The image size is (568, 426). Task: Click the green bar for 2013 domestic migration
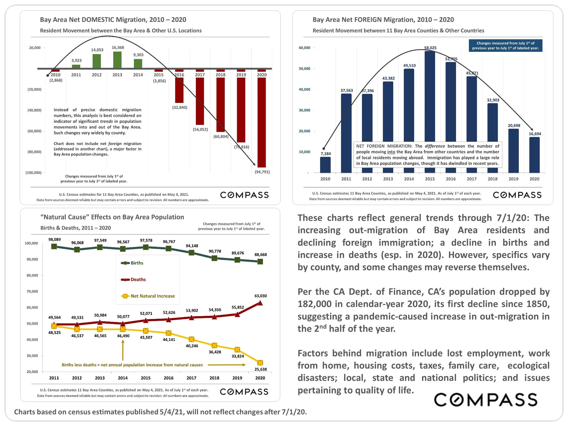click(x=117, y=60)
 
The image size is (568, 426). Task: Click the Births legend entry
click(x=132, y=263)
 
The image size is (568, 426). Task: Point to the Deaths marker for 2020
click(x=260, y=303)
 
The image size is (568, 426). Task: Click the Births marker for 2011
click(x=54, y=247)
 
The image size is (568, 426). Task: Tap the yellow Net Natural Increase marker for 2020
click(x=260, y=363)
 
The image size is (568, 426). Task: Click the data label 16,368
click(x=118, y=47)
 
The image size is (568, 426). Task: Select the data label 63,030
click(x=261, y=296)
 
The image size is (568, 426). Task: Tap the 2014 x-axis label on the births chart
click(x=123, y=378)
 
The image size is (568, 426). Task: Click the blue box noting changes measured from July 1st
click(x=505, y=46)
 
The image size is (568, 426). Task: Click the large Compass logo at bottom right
click(x=486, y=400)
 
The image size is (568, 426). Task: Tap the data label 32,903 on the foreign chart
click(x=493, y=100)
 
